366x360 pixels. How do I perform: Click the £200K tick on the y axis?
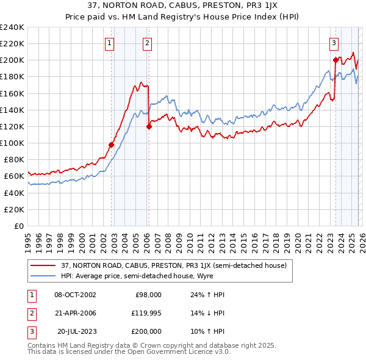click(12, 60)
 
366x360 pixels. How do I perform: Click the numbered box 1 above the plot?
click(109, 43)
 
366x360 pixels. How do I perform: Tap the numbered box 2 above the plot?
click(148, 43)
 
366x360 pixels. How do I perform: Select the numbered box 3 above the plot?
click(334, 43)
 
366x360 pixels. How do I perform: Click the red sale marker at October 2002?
click(112, 145)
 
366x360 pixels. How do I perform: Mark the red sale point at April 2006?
click(149, 127)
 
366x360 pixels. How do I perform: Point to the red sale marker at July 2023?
click(335, 60)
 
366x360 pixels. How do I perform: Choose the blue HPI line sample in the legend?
click(44, 275)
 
